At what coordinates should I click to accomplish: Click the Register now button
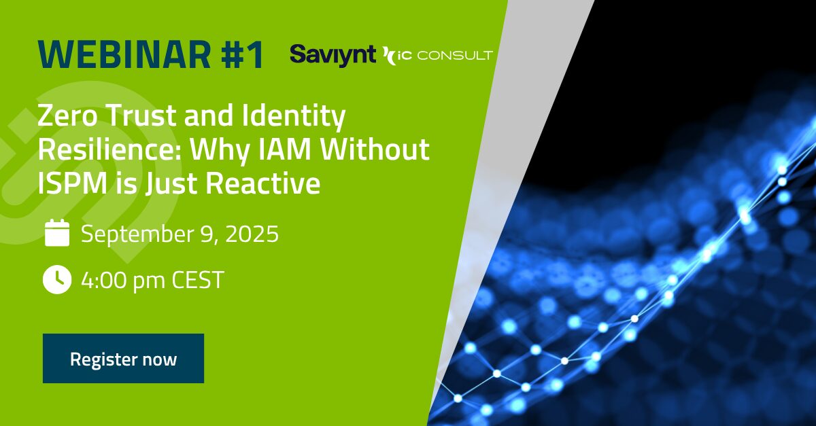123,358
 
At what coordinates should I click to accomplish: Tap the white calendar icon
57,233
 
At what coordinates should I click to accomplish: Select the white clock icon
57,280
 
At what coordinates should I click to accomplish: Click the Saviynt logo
333,56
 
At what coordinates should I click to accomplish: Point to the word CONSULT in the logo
455,56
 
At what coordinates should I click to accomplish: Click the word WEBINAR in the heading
124,54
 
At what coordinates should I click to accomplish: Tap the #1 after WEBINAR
241,54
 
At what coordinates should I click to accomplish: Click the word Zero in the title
67,116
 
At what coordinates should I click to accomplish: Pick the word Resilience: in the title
109,149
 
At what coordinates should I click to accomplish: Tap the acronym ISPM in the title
73,183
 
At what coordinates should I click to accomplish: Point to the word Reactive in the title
263,183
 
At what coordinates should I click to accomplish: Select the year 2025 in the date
252,234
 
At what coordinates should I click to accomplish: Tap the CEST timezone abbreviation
197,280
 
